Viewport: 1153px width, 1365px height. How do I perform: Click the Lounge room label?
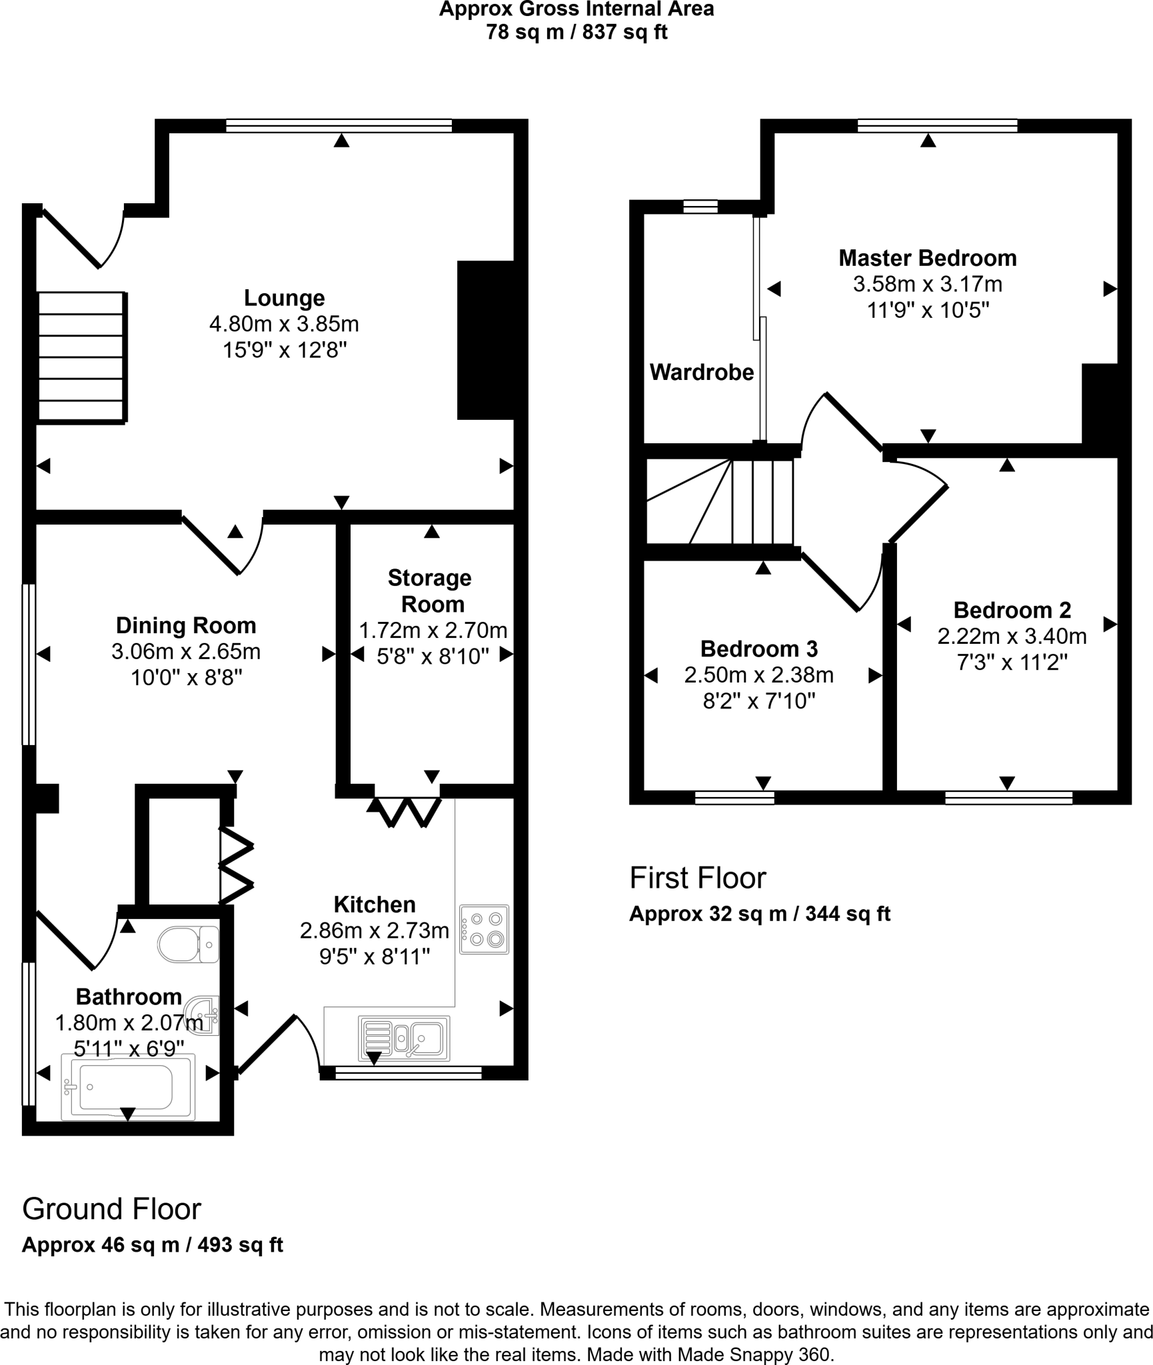[x=284, y=298]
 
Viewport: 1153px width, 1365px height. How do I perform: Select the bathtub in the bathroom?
[x=128, y=1087]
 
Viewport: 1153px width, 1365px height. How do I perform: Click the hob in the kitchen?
[x=484, y=929]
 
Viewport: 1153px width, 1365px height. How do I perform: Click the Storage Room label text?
[x=431, y=591]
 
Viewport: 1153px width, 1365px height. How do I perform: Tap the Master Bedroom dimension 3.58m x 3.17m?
[x=927, y=285]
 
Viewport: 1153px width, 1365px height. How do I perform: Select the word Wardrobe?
[x=701, y=373]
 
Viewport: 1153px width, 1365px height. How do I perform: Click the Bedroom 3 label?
[x=758, y=649]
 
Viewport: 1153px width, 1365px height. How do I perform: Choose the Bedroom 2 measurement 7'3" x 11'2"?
[x=1012, y=663]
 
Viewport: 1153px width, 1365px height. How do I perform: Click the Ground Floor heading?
[x=111, y=1209]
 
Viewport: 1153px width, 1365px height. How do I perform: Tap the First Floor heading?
[x=698, y=878]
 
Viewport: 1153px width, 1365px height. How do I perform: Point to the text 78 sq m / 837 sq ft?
[x=576, y=32]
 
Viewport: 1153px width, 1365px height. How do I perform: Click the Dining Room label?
[x=186, y=625]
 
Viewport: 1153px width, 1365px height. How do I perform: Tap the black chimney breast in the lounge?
[x=485, y=340]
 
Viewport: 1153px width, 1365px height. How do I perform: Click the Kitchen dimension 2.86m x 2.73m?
[x=374, y=930]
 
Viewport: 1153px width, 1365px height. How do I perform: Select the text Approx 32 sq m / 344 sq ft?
[x=759, y=914]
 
